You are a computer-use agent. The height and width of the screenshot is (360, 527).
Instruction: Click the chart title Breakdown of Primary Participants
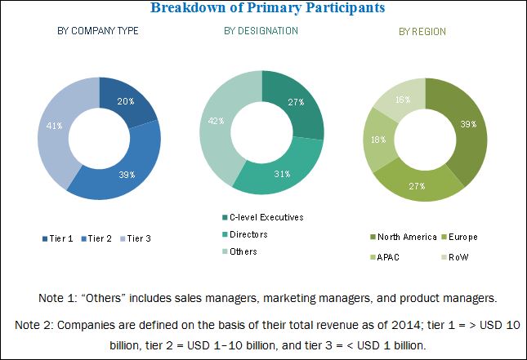point(262,8)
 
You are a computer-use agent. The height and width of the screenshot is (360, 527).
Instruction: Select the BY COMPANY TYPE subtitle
point(97,31)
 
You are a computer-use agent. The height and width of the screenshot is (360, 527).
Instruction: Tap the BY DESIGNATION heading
point(261,31)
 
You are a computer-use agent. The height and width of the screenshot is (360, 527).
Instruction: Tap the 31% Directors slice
point(283,173)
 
